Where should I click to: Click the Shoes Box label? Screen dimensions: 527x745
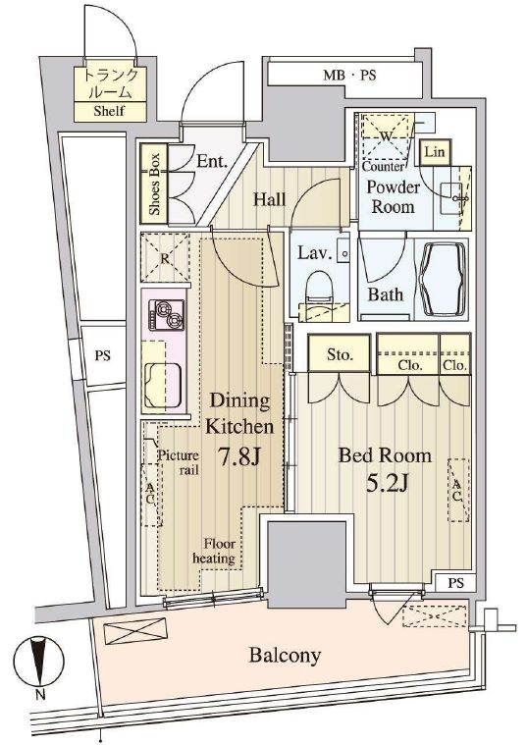tap(154, 184)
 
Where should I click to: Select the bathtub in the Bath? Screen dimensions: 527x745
tap(442, 280)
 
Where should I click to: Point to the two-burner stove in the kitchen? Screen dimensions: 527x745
tap(166, 315)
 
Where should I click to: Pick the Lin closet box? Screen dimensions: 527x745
tap(435, 152)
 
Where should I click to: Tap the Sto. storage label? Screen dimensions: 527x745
tap(340, 354)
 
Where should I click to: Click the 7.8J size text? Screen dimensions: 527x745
tap(239, 457)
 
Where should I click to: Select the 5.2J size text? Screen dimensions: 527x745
tap(387, 484)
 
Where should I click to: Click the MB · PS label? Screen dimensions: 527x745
tap(349, 75)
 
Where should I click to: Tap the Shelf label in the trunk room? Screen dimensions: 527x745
tap(109, 111)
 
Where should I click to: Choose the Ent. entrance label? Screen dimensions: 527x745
tap(211, 162)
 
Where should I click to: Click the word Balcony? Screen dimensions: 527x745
tap(286, 656)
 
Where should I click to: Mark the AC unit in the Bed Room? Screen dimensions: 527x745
tap(458, 490)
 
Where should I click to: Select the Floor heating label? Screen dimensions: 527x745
tap(214, 551)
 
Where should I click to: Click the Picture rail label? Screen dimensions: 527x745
tap(179, 462)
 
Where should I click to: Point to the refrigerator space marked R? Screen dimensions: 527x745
tap(165, 258)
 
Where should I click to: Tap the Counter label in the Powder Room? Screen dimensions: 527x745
tap(383, 167)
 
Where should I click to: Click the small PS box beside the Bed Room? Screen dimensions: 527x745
tap(455, 582)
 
